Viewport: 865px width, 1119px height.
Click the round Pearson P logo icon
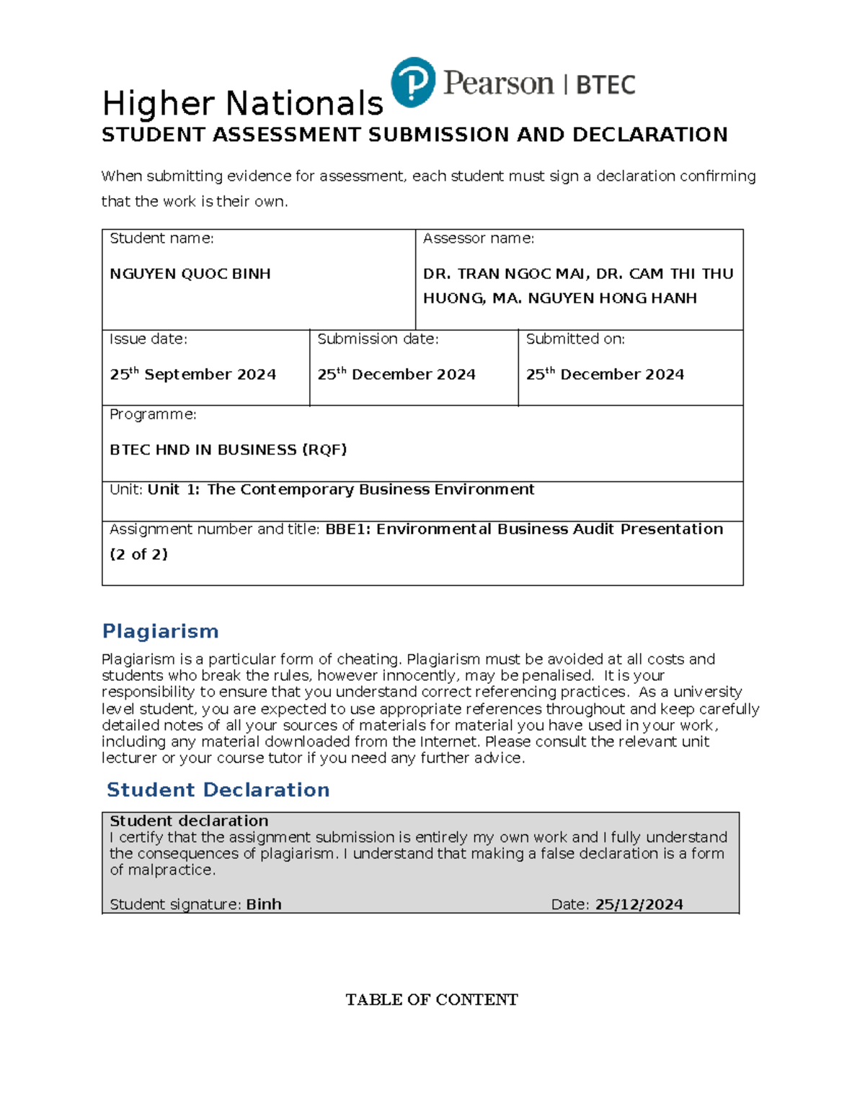pos(413,82)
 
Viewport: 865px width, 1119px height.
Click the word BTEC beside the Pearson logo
pos(605,85)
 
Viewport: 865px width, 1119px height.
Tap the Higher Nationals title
pos(242,104)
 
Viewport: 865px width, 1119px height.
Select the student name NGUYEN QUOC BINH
pos(190,274)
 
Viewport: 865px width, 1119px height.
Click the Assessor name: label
pos(478,238)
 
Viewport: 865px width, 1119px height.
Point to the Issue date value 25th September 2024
pos(192,374)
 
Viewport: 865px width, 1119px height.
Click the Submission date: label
pos(378,339)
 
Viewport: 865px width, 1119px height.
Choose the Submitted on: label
pos(575,339)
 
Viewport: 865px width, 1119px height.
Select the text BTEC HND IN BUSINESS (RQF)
pos(228,450)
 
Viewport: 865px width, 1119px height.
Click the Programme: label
pos(153,414)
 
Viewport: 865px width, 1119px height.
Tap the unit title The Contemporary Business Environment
pos(371,489)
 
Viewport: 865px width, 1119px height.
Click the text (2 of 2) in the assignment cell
pos(138,554)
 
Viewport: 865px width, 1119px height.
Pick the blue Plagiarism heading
pos(160,631)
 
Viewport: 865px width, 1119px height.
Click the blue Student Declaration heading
pos(218,790)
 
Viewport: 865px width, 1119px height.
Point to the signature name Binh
pos(264,904)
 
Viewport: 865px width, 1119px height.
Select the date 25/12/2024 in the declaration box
pos(639,904)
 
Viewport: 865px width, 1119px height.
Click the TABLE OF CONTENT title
pos(431,999)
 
